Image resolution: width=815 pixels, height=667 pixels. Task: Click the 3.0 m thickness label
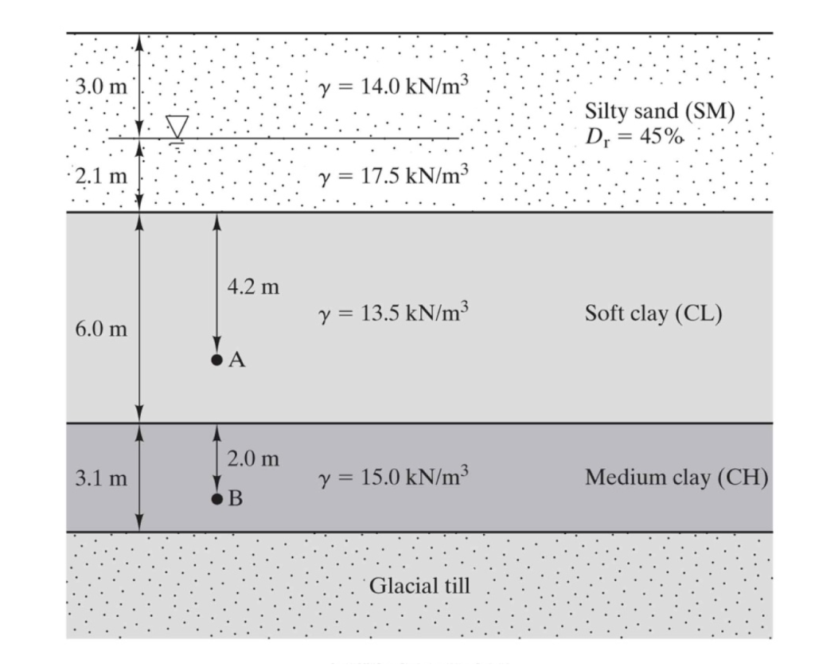(x=100, y=87)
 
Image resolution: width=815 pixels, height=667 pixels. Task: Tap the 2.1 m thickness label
(x=100, y=175)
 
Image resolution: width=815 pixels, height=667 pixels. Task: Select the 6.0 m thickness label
(x=100, y=329)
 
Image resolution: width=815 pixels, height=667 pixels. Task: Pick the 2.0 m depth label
(x=253, y=458)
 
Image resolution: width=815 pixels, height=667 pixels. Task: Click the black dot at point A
(x=216, y=360)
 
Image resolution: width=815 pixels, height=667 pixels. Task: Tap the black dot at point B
(x=216, y=499)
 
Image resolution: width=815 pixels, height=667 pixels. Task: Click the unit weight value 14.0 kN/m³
(x=388, y=87)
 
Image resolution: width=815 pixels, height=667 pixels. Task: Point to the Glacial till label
(x=419, y=587)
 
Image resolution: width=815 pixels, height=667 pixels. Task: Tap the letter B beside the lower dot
(x=236, y=500)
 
